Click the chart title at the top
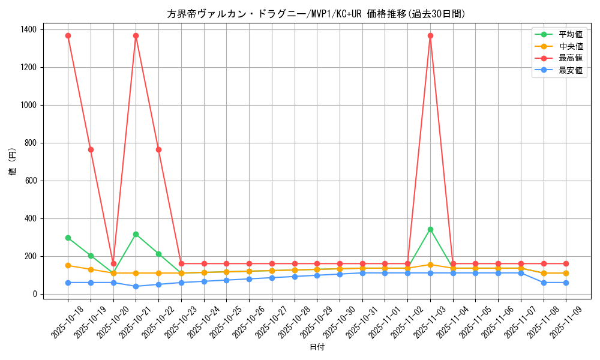click(316, 14)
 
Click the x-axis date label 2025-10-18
click(63, 320)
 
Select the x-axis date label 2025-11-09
click(562, 320)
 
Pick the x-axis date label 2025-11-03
click(425, 320)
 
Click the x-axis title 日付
click(316, 347)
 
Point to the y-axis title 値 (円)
click(13, 162)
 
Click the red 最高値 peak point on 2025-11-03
click(430, 35)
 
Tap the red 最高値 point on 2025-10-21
click(136, 35)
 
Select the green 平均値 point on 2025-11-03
click(430, 229)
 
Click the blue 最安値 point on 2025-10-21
click(136, 286)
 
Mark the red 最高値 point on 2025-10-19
click(91, 149)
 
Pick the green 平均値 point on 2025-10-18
click(68, 238)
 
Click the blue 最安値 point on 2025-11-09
click(566, 283)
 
